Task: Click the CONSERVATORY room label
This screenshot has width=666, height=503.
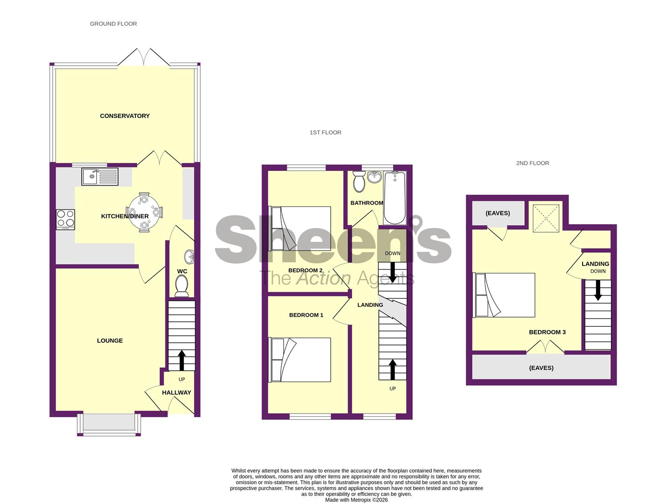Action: [125, 116]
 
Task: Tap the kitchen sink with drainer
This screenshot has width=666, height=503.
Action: [100, 177]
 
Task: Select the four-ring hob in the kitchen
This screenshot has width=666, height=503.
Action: [66, 220]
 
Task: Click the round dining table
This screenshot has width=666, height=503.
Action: [144, 212]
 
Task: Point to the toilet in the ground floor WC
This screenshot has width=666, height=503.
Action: [182, 285]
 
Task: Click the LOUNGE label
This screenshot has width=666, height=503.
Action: [110, 341]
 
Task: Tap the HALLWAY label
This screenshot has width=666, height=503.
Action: [177, 393]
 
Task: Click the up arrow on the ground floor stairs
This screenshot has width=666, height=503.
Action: [182, 360]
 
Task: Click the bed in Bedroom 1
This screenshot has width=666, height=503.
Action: [299, 360]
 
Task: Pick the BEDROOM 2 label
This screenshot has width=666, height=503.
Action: [305, 270]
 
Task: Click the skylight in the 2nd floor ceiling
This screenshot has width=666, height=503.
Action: [546, 218]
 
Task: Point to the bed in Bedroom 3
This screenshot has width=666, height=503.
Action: [504, 295]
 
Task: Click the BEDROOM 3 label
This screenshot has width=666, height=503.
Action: [547, 332]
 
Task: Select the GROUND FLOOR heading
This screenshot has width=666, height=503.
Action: [114, 24]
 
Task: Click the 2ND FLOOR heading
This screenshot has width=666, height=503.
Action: [532, 163]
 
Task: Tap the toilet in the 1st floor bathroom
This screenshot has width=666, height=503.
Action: [359, 182]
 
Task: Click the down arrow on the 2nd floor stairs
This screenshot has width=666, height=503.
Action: [598, 290]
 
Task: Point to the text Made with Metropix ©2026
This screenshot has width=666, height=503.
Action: [356, 500]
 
